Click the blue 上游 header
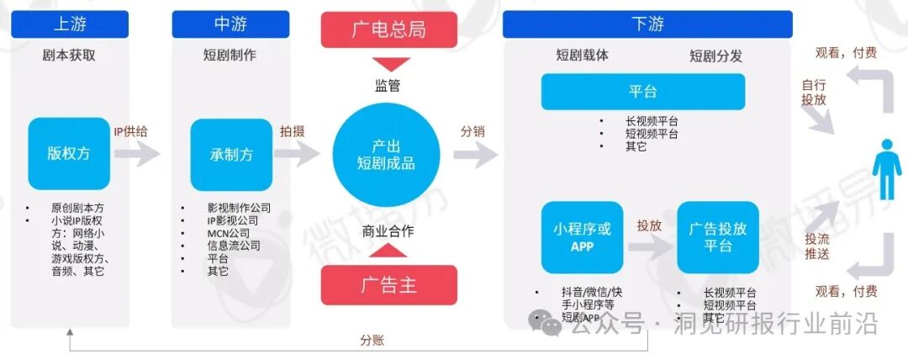(70, 24)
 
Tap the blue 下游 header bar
(647, 24)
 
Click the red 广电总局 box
(388, 29)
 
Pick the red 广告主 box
(388, 284)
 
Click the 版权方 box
(69, 154)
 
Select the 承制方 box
(231, 155)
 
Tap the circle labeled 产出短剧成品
(388, 155)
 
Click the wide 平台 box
(642, 92)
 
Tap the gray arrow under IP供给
(137, 154)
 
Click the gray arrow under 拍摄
(298, 154)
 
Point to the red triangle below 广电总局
(388, 64)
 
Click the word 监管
(388, 85)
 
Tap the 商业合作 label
(388, 231)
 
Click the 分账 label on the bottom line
(372, 341)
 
